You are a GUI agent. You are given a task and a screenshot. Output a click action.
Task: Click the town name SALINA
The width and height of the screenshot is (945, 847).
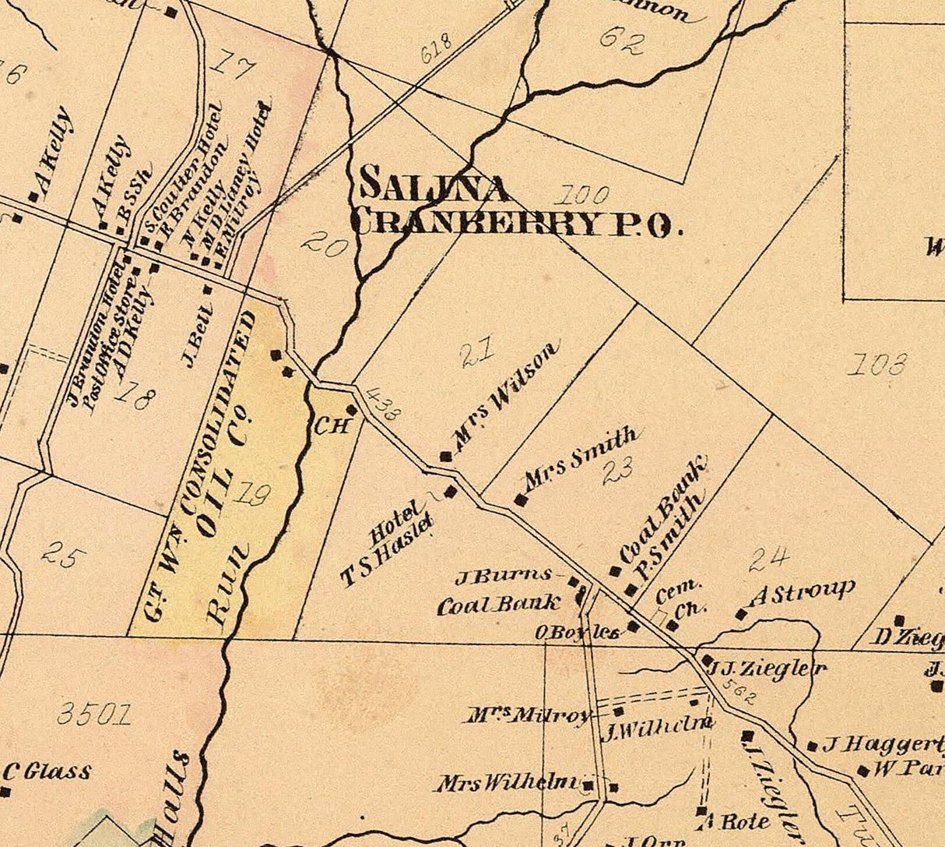434,187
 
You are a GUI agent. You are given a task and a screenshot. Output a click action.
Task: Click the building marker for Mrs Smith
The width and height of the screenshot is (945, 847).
521,500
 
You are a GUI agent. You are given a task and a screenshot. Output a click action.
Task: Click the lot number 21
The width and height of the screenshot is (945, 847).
477,355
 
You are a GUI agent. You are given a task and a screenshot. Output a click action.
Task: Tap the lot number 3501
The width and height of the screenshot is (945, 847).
95,714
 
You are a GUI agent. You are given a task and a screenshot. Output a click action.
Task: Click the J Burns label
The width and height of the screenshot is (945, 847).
503,577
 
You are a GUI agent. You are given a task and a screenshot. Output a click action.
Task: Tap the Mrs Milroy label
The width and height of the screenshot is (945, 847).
529,715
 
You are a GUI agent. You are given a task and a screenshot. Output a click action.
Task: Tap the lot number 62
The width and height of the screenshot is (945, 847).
622,41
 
